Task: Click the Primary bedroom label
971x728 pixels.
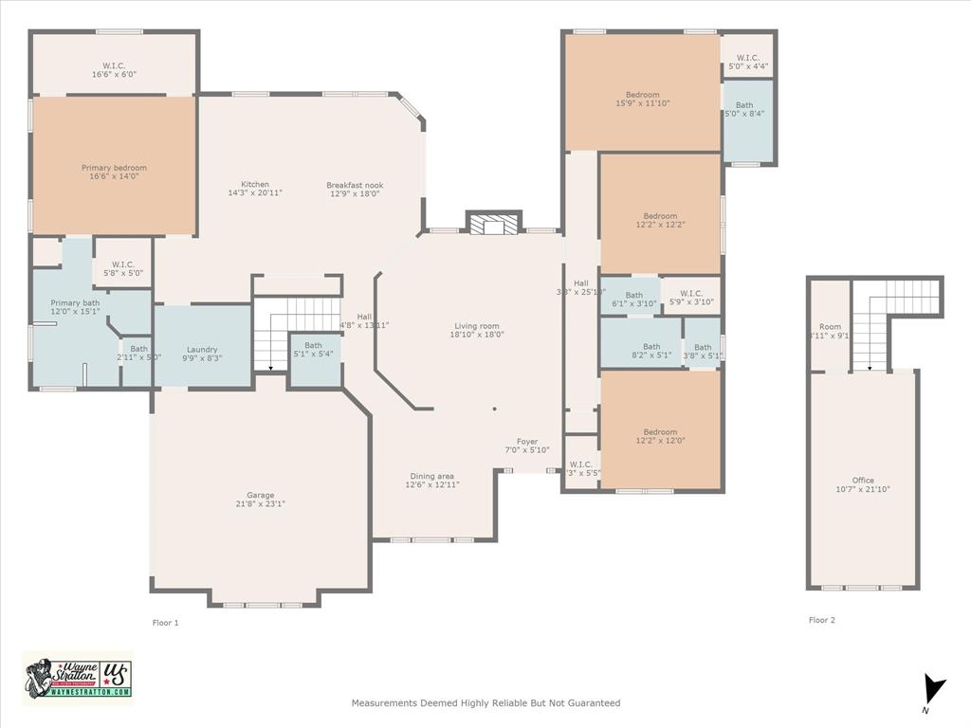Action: tap(114, 168)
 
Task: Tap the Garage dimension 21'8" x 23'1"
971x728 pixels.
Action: tap(260, 504)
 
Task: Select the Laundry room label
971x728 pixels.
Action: tap(202, 349)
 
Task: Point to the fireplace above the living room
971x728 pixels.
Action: tap(494, 224)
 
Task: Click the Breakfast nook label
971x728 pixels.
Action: tap(355, 185)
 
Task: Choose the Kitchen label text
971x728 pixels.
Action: tap(254, 185)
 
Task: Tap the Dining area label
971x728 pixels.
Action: tap(431, 476)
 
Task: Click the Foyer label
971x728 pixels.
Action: tap(527, 442)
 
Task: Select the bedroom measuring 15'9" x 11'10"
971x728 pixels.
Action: tap(642, 99)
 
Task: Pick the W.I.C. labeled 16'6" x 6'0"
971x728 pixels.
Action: tap(114, 68)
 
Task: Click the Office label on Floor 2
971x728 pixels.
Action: tap(863, 481)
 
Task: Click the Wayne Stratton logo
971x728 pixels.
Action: tap(78, 678)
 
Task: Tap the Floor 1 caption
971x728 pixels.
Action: tap(165, 623)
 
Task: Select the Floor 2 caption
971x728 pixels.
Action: tap(822, 620)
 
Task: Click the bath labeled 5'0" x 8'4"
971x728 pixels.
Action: tap(744, 110)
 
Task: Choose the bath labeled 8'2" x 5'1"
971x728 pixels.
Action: tap(651, 352)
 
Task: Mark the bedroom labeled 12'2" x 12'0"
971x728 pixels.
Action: tap(660, 436)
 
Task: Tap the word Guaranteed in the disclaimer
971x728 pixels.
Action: tap(591, 703)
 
